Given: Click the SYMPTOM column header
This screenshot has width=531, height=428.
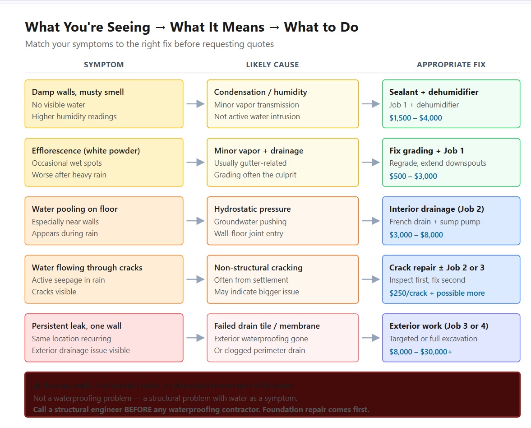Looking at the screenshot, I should click(104, 65).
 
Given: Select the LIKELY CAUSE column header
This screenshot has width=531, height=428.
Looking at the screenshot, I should click(272, 65).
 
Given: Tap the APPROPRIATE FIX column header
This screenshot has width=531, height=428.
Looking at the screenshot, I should click(451, 65).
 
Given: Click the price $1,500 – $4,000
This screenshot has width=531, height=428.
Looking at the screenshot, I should click(416, 118).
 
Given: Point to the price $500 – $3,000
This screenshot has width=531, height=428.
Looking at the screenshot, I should click(413, 176).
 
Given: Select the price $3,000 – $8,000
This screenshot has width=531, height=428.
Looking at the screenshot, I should click(416, 235).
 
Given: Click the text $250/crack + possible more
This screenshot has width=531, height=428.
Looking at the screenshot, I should click(437, 293).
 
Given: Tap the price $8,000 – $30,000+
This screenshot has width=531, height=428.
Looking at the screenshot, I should click(420, 352).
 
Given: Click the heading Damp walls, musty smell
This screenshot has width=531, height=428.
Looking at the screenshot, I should click(78, 92).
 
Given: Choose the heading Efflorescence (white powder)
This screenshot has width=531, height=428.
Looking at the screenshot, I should click(86, 151).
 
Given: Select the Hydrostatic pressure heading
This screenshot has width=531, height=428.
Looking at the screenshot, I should click(252, 209).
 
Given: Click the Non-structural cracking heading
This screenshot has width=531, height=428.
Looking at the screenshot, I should click(258, 268).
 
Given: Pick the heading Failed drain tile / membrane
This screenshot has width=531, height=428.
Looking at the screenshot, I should click(267, 326).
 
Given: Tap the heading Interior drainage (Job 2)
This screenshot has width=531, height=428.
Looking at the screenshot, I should click(436, 209).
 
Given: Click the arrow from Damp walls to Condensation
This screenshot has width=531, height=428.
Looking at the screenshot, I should click(195, 104).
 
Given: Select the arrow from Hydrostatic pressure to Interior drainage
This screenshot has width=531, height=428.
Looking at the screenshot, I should click(370, 221).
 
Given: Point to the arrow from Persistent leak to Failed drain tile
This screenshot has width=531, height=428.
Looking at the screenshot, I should click(195, 338).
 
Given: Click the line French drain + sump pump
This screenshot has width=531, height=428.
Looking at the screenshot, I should click(434, 222).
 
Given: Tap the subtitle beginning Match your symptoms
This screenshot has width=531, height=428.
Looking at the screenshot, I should click(149, 44).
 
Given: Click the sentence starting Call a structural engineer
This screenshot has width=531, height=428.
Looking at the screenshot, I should click(201, 410).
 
